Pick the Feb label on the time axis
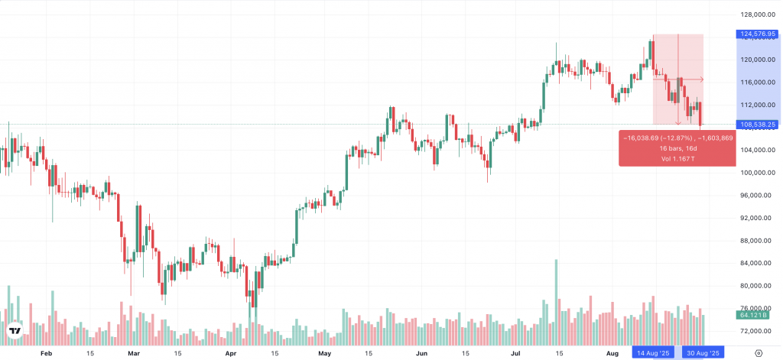46,354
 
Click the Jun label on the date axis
421,354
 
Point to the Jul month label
516,354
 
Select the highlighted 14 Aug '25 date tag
652,354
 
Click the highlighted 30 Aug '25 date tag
702,354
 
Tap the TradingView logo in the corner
15,331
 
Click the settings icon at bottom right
757,354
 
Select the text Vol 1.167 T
678,158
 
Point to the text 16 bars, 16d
678,148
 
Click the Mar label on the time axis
135,354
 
